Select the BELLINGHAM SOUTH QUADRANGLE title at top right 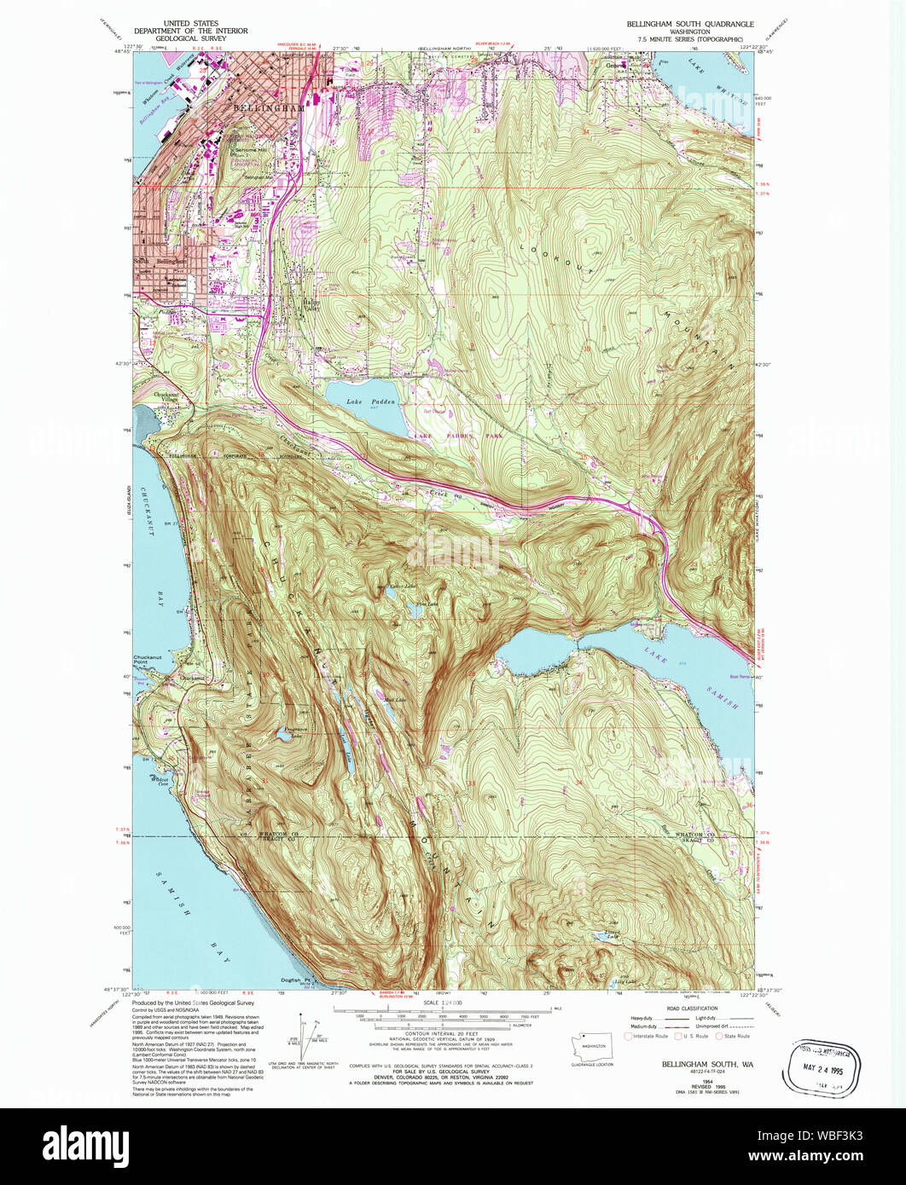[690, 24]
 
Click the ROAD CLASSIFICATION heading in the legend [692, 1007]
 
